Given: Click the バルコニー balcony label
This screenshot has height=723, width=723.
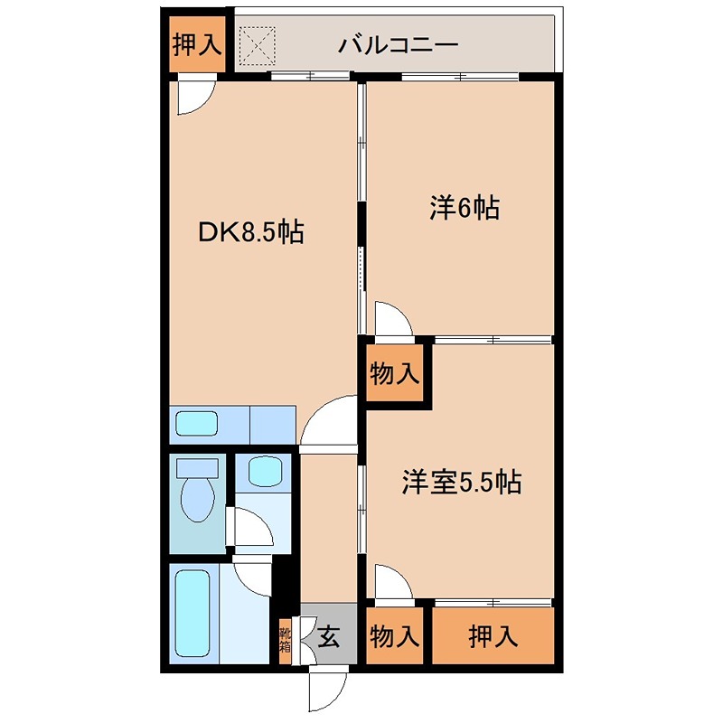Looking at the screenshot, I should pyautogui.click(x=399, y=44).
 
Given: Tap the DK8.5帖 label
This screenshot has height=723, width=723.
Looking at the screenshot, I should pyautogui.click(x=250, y=233).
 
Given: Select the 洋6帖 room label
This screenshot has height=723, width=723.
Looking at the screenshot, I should pyautogui.click(x=464, y=209).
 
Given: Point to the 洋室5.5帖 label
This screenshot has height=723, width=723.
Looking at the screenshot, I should pyautogui.click(x=461, y=483).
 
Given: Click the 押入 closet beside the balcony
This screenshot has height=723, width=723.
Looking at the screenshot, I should pyautogui.click(x=197, y=44).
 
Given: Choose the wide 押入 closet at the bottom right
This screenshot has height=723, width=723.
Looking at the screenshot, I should pyautogui.click(x=493, y=637).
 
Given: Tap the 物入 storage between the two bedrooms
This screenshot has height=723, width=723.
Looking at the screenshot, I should pyautogui.click(x=395, y=372).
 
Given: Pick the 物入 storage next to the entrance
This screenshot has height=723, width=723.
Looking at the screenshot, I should pyautogui.click(x=395, y=637).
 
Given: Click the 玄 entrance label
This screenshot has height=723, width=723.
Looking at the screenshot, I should pyautogui.click(x=328, y=637).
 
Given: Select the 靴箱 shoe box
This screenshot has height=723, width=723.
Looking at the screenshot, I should pyautogui.click(x=285, y=640).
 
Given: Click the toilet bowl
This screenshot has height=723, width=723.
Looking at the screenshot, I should pyautogui.click(x=196, y=500).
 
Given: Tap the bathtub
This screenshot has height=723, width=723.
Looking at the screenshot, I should pyautogui.click(x=195, y=613).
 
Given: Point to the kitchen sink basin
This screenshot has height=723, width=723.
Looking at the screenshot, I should pyautogui.click(x=196, y=424).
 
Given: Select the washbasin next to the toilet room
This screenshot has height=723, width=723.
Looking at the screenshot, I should pyautogui.click(x=262, y=471).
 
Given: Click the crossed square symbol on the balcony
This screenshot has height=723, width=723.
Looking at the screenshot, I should pyautogui.click(x=257, y=44).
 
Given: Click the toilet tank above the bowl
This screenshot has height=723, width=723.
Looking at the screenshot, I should pyautogui.click(x=197, y=467).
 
